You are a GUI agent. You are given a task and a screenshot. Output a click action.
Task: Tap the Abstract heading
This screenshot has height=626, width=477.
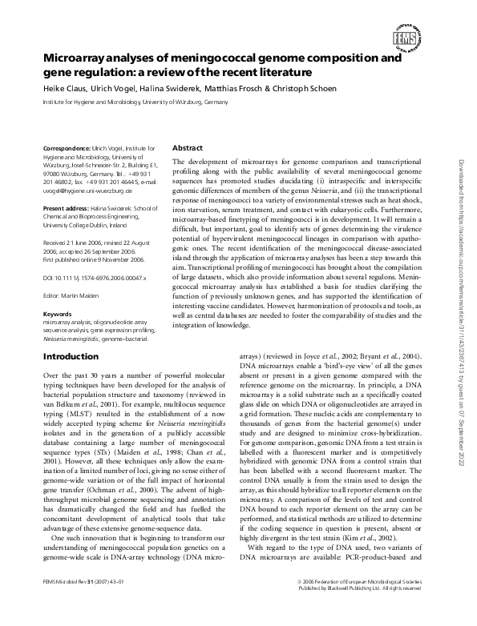click(188, 148)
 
